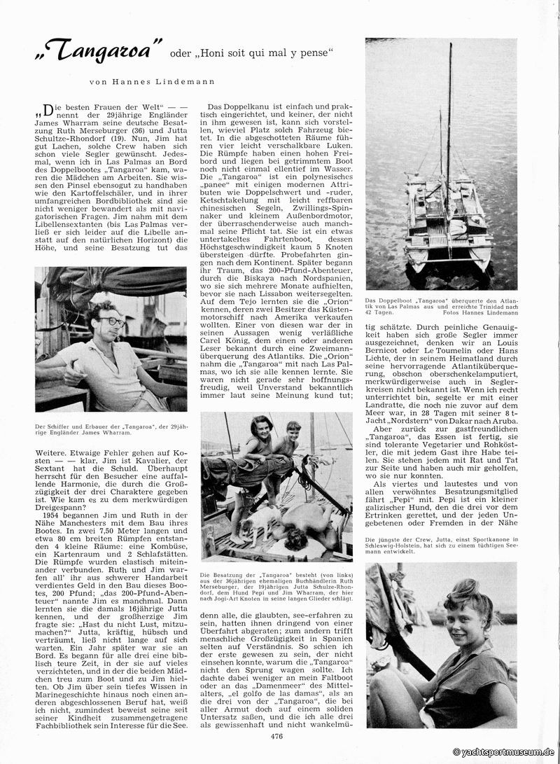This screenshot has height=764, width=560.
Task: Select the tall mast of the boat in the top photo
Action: (x=449, y=126)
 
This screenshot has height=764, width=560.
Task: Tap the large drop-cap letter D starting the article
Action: (x=48, y=109)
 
